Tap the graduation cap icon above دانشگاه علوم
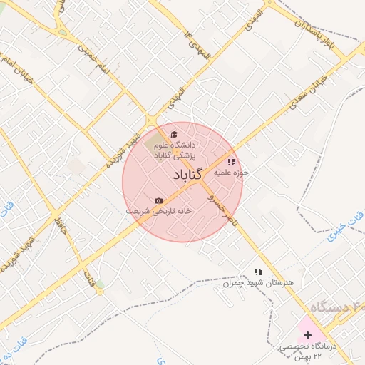pyautogui.click(x=175, y=133)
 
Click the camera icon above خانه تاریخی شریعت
pyautogui.click(x=158, y=201)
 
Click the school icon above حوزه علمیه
pyautogui.click(x=230, y=162)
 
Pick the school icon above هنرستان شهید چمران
pyautogui.click(x=259, y=272)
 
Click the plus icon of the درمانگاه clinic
pyautogui.click(x=307, y=334)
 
